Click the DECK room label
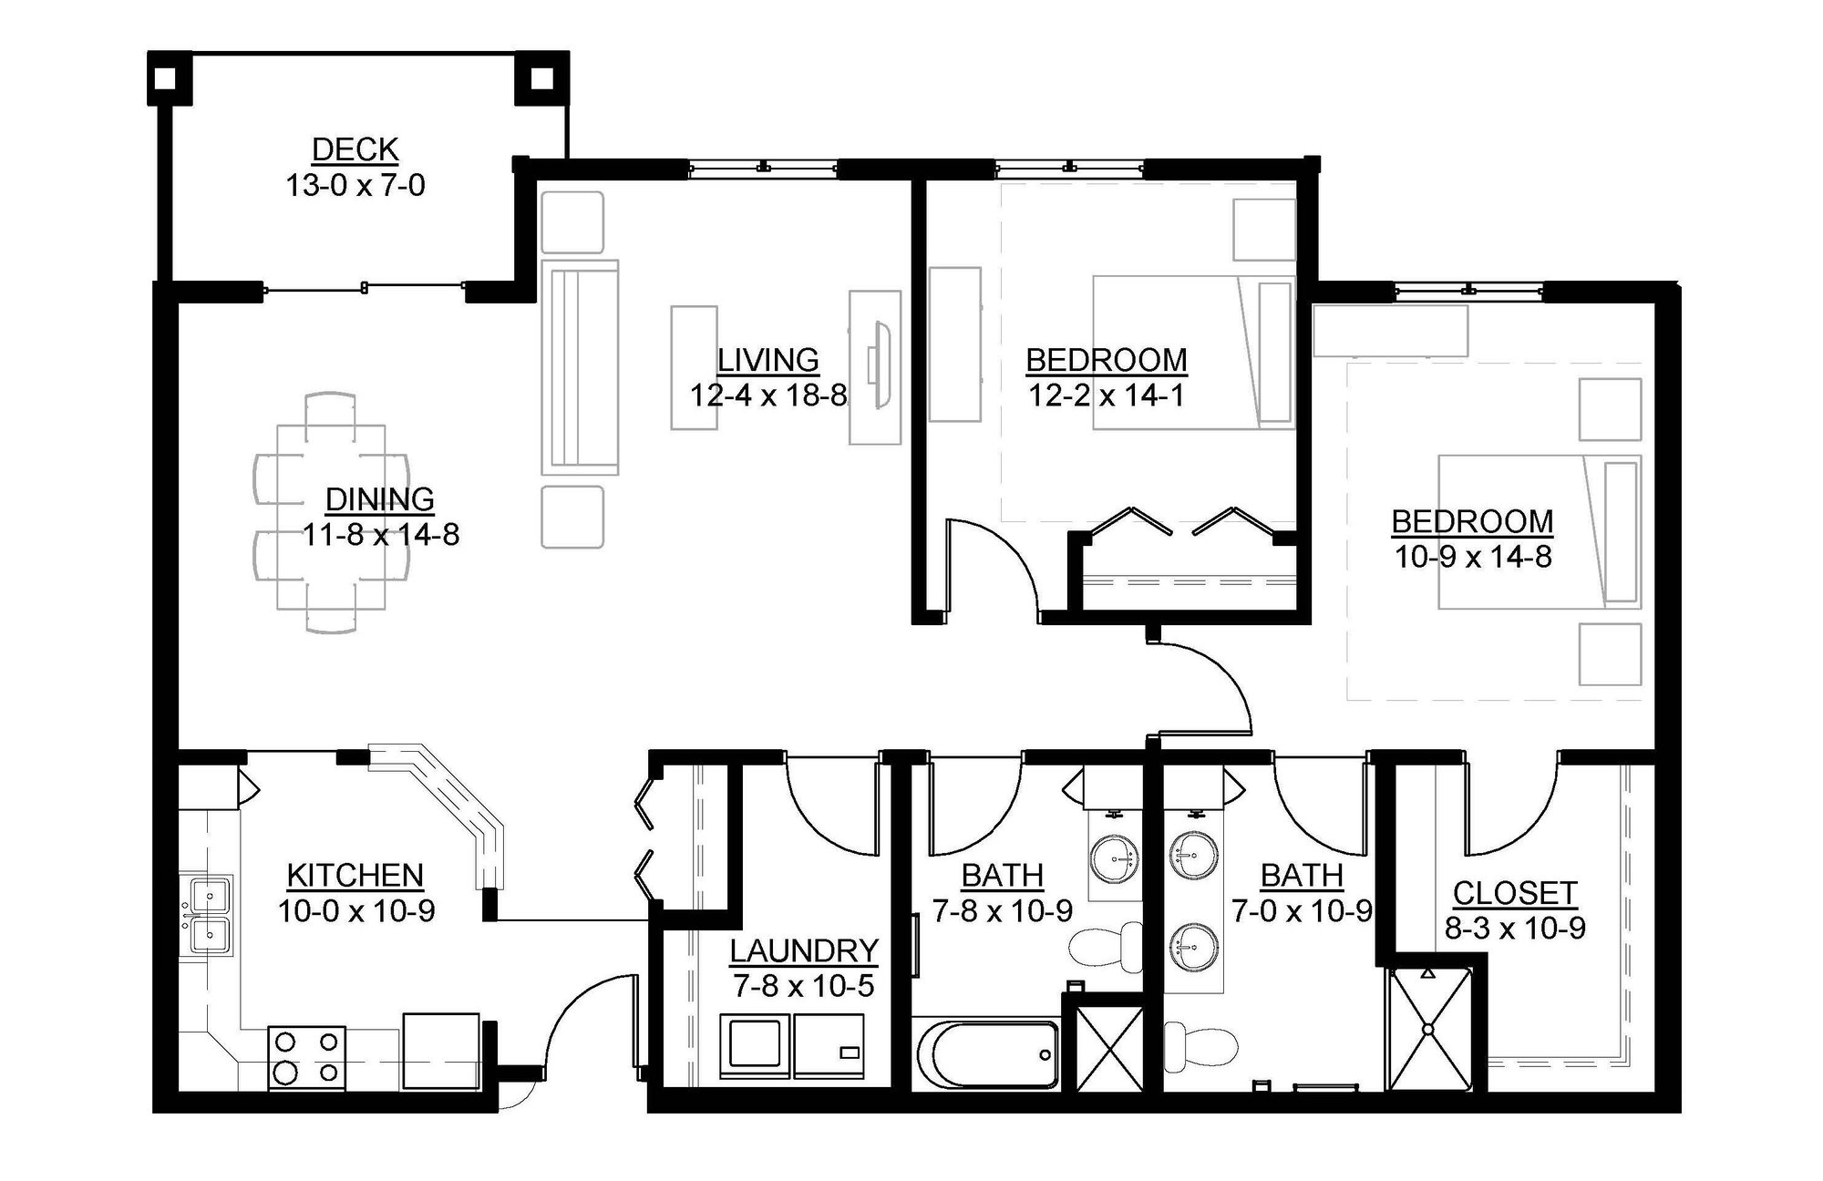(x=355, y=149)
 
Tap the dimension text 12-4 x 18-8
(x=768, y=395)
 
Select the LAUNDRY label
(x=803, y=950)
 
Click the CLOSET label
(x=1515, y=893)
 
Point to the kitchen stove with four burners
(x=307, y=1057)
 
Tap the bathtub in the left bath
(x=987, y=1054)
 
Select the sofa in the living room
(x=580, y=366)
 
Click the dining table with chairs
(x=330, y=513)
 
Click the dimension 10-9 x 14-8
(x=1473, y=557)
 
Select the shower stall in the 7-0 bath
(x=1428, y=1030)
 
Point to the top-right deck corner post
(x=542, y=78)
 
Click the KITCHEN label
(x=355, y=875)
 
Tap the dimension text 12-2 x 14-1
(x=1107, y=395)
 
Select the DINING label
(x=380, y=499)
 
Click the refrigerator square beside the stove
(x=440, y=1051)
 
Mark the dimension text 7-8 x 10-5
(x=803, y=986)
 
